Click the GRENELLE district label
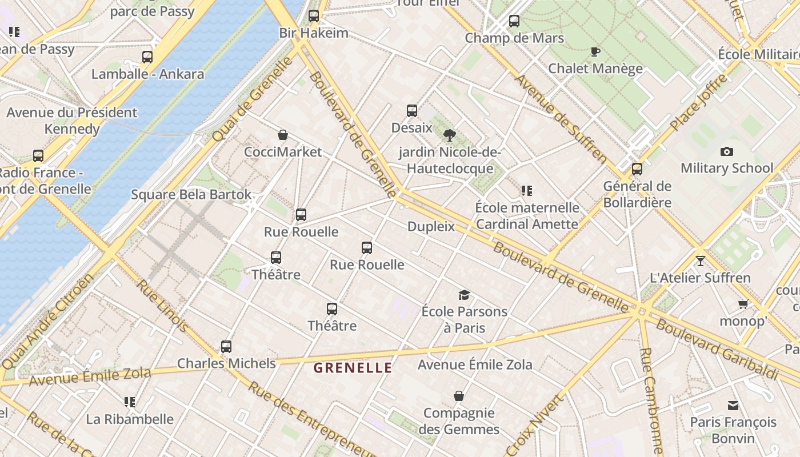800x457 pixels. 353,368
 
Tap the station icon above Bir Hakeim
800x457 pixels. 314,16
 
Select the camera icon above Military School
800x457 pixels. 726,151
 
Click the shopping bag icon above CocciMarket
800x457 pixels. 282,135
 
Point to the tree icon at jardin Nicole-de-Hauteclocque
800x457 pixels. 450,135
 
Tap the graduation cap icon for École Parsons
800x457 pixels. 464,295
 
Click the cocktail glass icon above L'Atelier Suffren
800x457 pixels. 700,261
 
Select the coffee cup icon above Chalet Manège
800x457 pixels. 595,52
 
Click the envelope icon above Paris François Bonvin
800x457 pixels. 733,406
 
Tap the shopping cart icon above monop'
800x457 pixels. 743,304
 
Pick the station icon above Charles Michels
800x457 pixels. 226,346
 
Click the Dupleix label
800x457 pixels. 431,227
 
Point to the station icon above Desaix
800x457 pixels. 412,111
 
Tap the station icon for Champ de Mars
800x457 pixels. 514,21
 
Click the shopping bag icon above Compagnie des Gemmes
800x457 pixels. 459,396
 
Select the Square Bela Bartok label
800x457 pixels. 191,194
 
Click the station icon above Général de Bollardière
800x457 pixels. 637,169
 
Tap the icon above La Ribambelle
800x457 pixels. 130,402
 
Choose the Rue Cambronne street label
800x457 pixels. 651,400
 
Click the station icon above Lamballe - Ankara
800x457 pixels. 147,57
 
